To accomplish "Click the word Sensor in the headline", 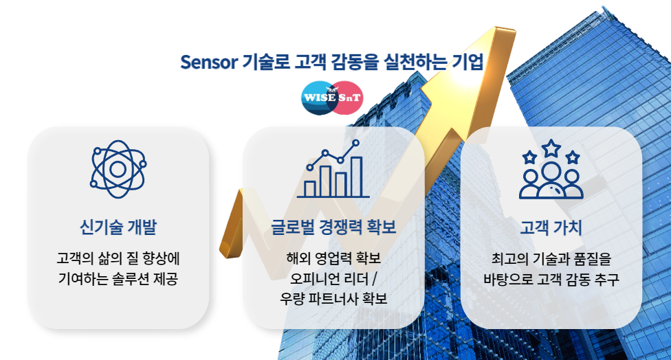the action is coord(209,62).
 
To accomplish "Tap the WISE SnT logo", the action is coord(332,98).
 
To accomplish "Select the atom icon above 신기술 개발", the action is coord(118,169).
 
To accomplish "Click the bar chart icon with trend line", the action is coord(333,168).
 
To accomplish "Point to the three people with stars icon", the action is coord(551,169).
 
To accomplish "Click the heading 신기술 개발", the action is coord(118,227).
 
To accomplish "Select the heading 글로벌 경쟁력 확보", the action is coord(333,227).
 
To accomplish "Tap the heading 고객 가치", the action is coord(551,227).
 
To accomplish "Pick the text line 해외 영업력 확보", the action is coord(333,258).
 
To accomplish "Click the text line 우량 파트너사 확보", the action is coord(333,298).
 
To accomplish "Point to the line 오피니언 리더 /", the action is coord(333,279).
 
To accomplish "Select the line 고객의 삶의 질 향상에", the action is coord(118,258).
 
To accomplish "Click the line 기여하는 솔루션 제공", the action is coord(118,279).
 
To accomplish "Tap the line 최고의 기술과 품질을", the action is coord(551,259).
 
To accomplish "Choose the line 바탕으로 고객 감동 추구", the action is coord(551,279).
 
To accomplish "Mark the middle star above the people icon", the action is coord(551,148).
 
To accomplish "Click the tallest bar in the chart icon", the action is coord(356,177).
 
